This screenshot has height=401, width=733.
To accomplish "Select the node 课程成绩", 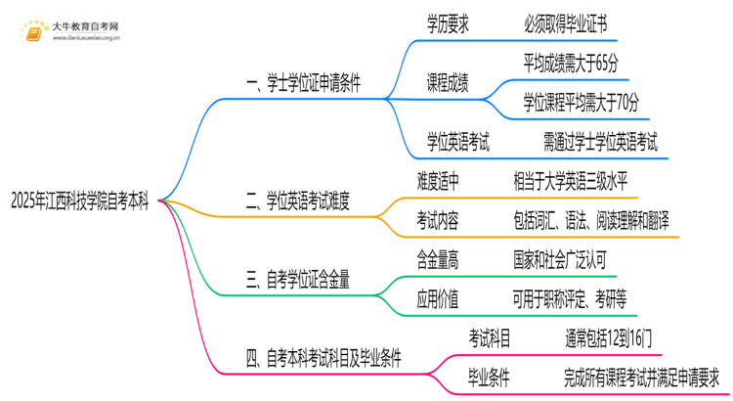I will (449, 83).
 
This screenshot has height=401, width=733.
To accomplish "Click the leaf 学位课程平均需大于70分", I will (581, 102).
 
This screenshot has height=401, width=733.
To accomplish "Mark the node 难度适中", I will (437, 181).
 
